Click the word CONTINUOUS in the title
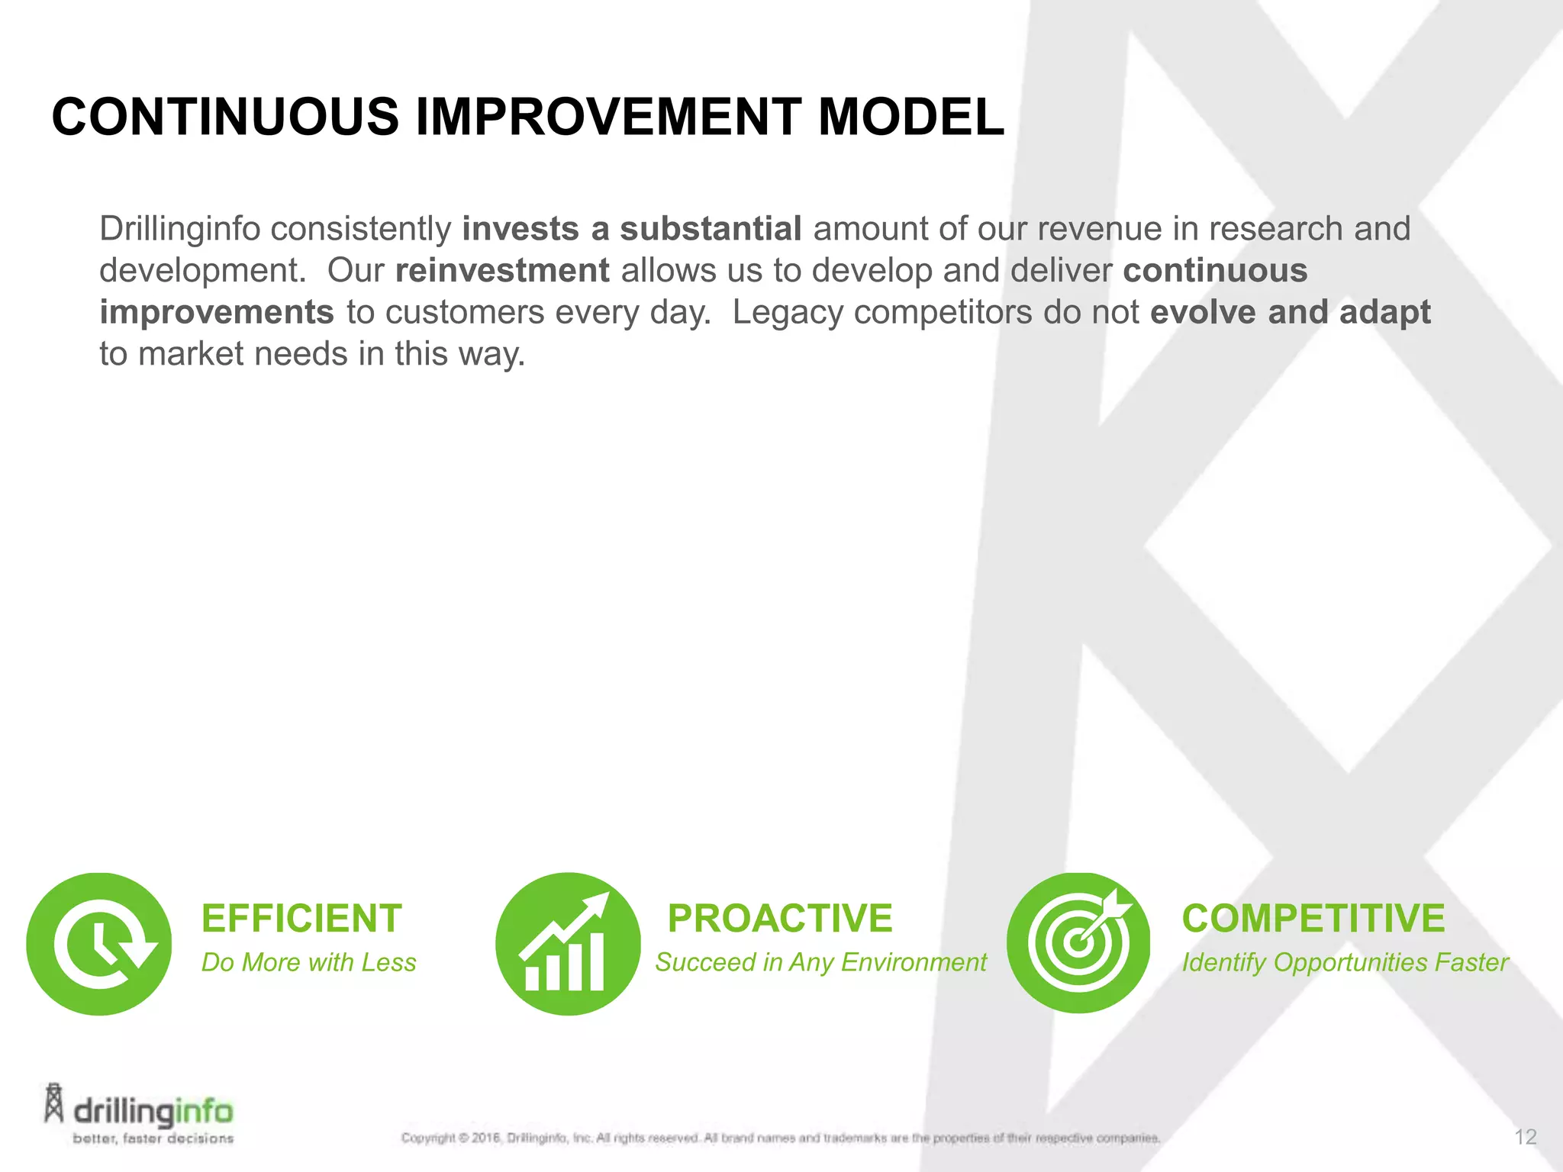tap(224, 118)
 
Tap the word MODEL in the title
tap(910, 118)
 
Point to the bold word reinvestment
tap(502, 271)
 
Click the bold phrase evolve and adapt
tap(1290, 312)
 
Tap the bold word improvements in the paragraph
tap(217, 313)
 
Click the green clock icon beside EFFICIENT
tap(99, 944)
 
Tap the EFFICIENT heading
tap(301, 918)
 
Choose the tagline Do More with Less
tap(308, 963)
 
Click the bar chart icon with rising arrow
tap(568, 944)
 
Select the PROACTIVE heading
tap(779, 918)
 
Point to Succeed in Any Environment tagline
tap(820, 963)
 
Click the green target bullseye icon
tap(1078, 943)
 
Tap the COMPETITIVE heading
tap(1313, 918)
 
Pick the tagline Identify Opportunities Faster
tap(1345, 963)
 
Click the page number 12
tap(1525, 1138)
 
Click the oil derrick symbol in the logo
tap(53, 1103)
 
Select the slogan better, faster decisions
tap(153, 1138)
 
